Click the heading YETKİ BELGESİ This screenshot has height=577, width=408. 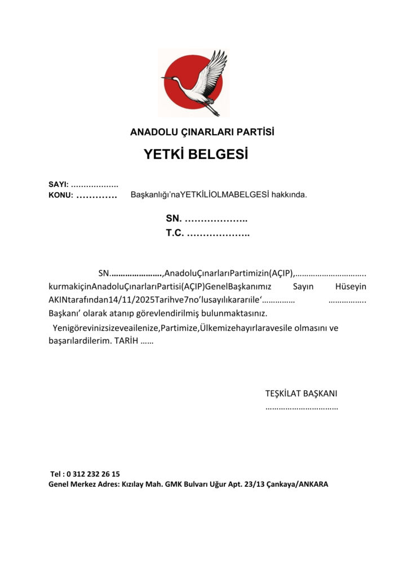click(x=196, y=154)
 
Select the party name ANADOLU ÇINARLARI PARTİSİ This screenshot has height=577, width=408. click(x=202, y=132)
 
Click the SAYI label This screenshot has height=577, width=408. click(x=57, y=184)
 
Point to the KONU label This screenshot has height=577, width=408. click(x=60, y=196)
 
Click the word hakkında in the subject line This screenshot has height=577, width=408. click(x=289, y=195)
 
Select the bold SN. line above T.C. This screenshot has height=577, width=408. click(x=206, y=219)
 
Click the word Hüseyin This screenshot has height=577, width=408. click(x=351, y=287)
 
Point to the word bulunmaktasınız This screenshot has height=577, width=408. click(x=235, y=313)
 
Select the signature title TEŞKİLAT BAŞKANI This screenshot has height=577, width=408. click(x=301, y=393)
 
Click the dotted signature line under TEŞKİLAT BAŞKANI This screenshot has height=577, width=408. click(x=301, y=407)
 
